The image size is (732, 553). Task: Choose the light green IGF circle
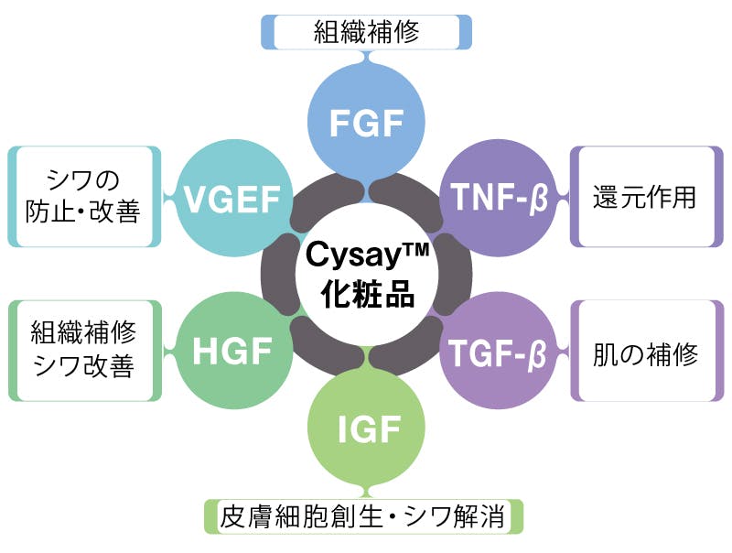point(365,425)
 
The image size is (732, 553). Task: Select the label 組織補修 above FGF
point(366,33)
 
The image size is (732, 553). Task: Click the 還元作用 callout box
point(645,197)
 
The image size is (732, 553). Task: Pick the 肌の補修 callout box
point(645,353)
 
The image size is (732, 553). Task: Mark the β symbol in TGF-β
point(541,352)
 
